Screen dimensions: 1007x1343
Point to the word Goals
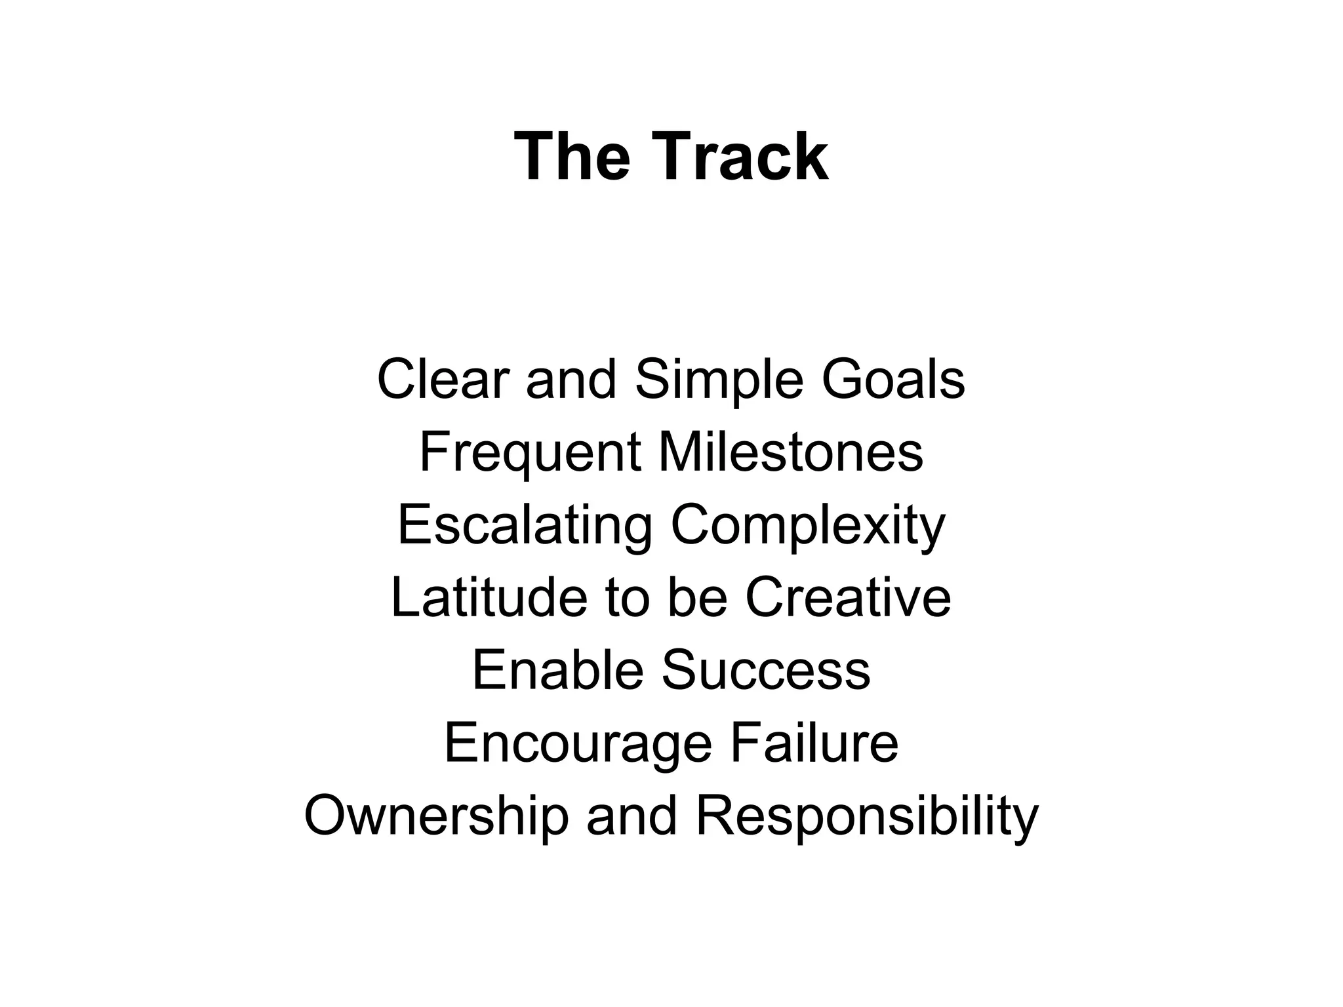[893, 380]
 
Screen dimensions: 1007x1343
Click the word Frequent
[530, 453]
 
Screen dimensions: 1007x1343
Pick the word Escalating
[525, 526]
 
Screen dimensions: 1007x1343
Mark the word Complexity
[808, 526]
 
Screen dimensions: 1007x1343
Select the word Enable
[557, 670]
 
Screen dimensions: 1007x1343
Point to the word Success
[766, 670]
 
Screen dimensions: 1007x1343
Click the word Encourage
[578, 744]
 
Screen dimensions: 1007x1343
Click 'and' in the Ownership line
[631, 816]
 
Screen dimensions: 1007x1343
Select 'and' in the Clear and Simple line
[571, 380]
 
